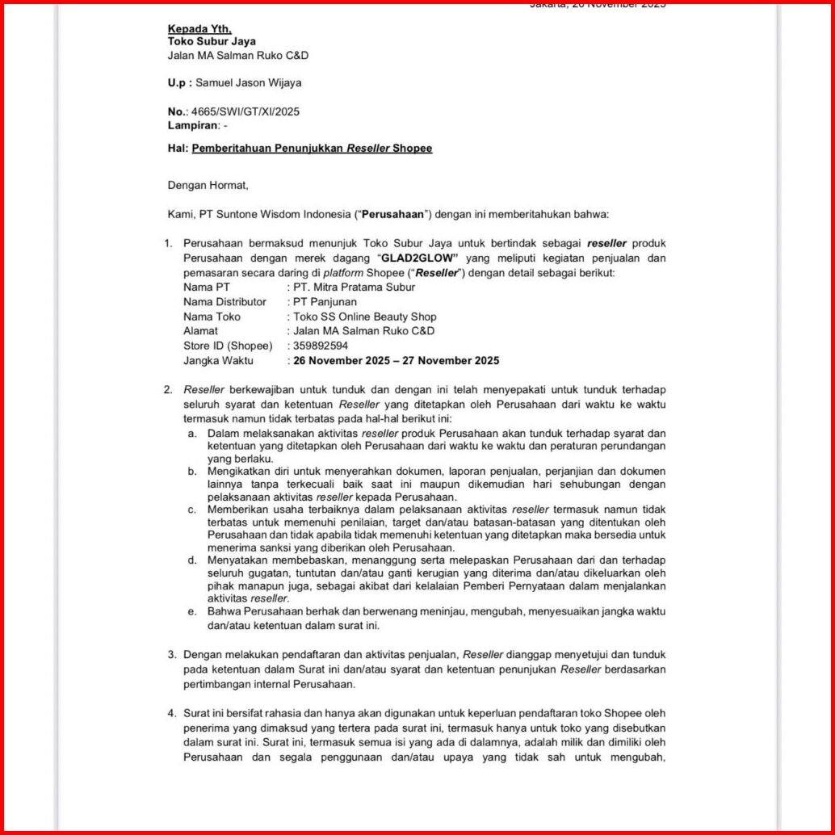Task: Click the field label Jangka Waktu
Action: point(218,360)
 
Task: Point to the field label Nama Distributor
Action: point(224,302)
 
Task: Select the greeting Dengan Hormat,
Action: point(208,185)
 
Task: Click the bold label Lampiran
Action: point(193,125)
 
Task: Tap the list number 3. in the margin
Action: point(172,655)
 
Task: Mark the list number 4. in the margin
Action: point(172,713)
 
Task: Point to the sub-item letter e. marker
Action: point(192,611)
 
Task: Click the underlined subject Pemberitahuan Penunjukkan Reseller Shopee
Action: point(312,149)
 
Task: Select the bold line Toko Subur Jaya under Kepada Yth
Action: point(212,41)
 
